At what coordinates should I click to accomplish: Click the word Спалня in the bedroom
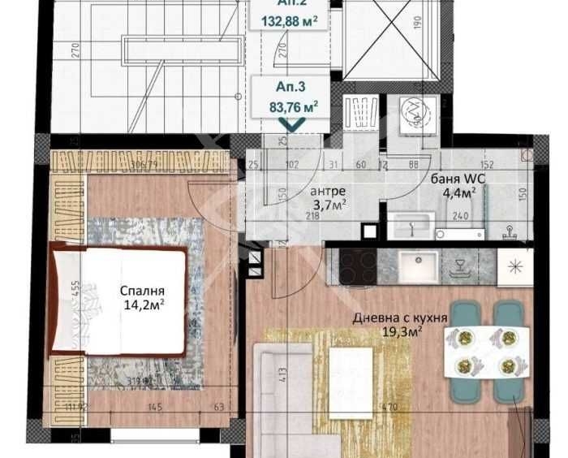pyautogui.click(x=143, y=291)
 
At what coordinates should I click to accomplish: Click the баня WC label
pyautogui.click(x=454, y=179)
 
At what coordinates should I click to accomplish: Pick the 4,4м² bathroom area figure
pyautogui.click(x=458, y=192)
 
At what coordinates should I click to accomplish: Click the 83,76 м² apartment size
pyautogui.click(x=293, y=104)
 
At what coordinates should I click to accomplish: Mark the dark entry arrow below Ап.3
pyautogui.click(x=292, y=123)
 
